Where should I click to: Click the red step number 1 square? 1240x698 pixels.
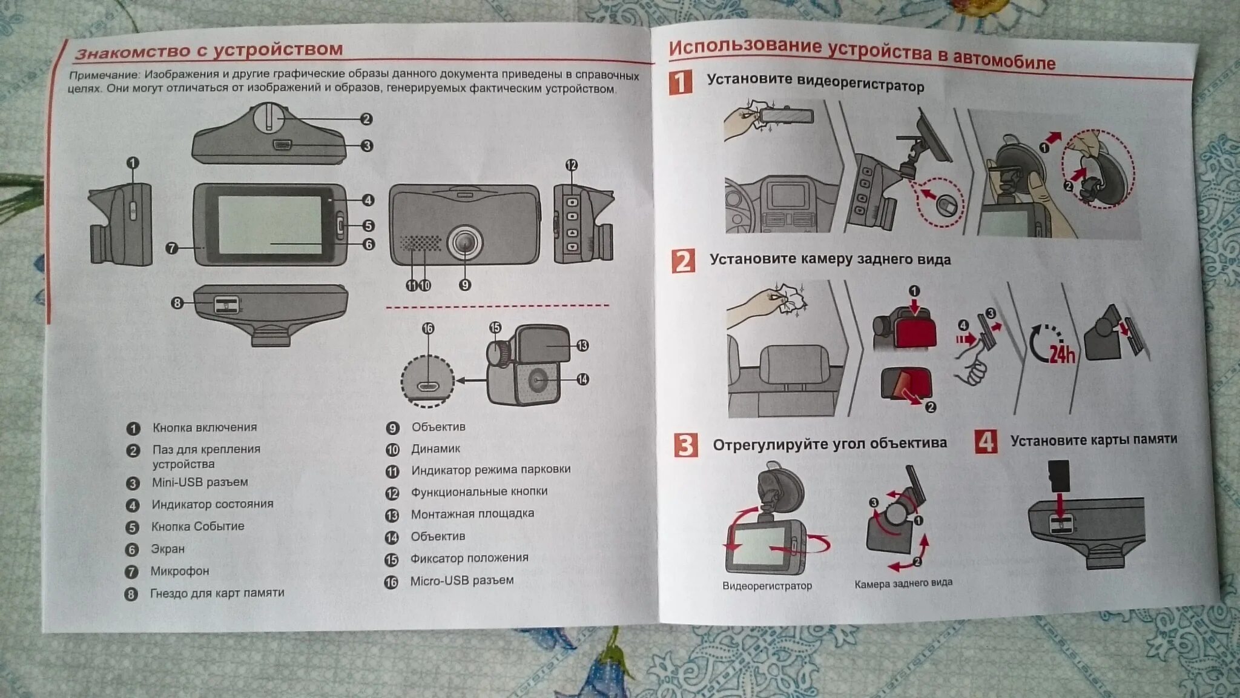681,82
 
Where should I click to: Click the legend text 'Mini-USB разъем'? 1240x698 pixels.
200,482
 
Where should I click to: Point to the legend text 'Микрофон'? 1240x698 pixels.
180,571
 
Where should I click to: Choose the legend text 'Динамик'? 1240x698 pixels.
436,449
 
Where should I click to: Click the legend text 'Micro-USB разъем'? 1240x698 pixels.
462,580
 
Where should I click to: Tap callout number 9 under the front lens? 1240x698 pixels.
464,285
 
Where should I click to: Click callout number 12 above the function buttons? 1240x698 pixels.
571,165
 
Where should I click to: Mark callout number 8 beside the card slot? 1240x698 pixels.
177,303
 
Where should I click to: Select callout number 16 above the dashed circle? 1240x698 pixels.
428,328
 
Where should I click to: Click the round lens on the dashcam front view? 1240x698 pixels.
464,241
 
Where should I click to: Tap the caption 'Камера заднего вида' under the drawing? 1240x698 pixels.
903,583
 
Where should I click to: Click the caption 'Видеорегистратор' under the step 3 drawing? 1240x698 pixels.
767,586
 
